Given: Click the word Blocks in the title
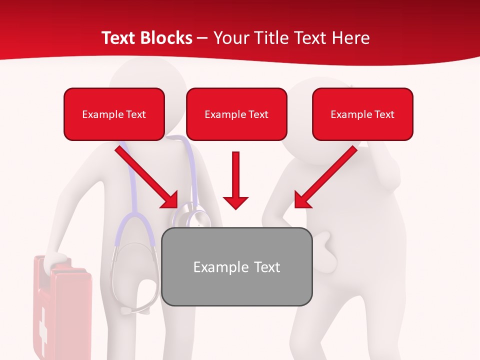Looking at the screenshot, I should pos(167,38).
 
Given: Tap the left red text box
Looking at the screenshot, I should pos(114,114).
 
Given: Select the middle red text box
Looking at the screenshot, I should pos(236,114).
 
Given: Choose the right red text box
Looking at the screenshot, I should pos(362,114).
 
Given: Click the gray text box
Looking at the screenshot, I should pos(237,267).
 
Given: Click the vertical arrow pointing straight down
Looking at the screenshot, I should pos(235,180).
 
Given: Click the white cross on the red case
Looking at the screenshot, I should pos(43,325).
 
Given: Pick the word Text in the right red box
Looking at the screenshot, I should pos(384,114).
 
